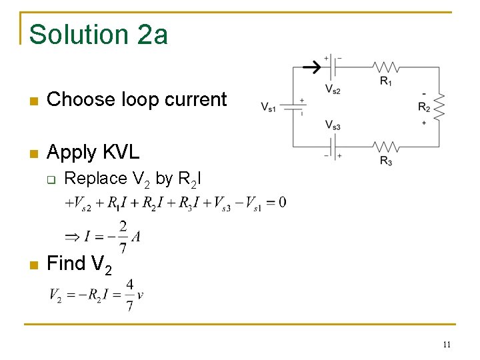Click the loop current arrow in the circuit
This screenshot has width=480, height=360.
(x=311, y=67)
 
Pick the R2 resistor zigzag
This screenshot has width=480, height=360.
(x=438, y=107)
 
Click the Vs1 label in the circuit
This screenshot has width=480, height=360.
(x=269, y=107)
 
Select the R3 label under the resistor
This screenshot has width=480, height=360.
(x=386, y=160)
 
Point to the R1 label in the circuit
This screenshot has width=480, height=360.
(x=386, y=81)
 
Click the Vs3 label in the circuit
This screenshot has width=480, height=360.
(x=333, y=125)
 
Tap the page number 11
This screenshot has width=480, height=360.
(x=447, y=344)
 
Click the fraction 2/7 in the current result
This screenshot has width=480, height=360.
(x=123, y=237)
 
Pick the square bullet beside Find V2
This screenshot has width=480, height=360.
(x=33, y=265)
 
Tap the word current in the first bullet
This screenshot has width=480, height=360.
(x=195, y=99)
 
